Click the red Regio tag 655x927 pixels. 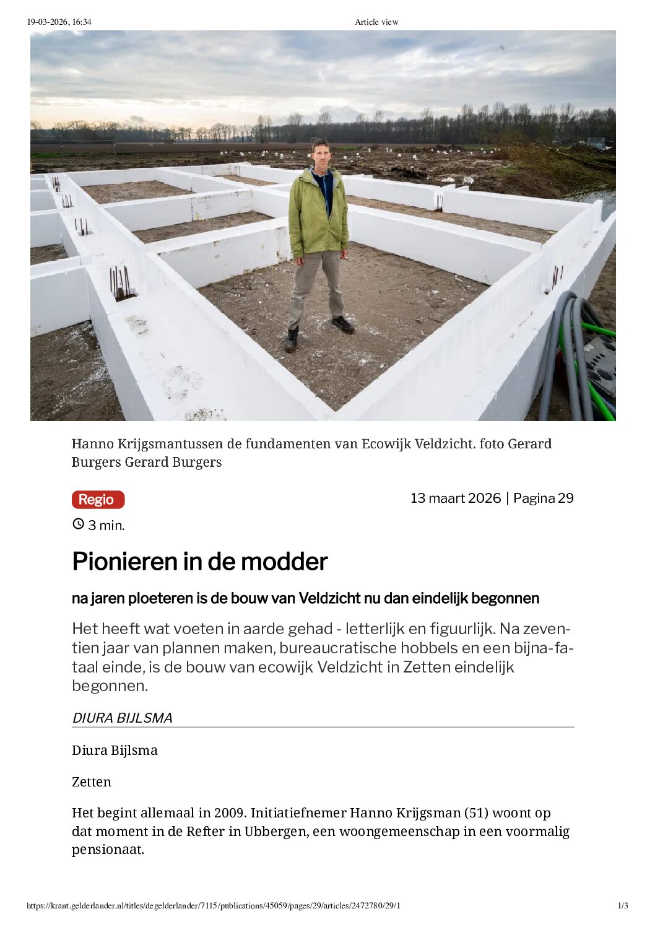98,500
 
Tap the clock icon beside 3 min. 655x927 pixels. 78,524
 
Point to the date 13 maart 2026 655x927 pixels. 455,498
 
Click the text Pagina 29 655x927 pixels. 544,498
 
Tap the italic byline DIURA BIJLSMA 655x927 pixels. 122,718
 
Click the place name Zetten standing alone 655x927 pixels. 92,781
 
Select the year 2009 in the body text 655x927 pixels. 230,812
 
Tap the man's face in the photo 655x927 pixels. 320,153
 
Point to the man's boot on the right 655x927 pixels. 343,324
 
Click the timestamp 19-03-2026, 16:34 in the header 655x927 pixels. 59,22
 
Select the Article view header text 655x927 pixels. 376,22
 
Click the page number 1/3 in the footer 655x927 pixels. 623,905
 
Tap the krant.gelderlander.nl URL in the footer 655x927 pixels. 214,905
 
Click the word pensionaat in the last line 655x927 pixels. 108,849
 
